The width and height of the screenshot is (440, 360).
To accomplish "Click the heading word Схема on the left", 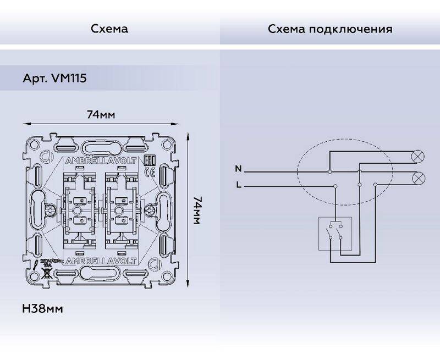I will point(109,29).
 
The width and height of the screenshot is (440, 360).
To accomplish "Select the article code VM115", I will point(68,79).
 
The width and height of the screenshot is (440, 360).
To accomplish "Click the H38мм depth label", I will point(42,309).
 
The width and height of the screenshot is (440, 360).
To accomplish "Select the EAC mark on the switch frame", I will point(147,159).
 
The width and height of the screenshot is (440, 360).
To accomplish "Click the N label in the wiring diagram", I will point(238,168).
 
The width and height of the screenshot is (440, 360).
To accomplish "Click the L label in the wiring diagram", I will point(238,185).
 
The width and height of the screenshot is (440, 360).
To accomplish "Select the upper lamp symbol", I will point(418,157).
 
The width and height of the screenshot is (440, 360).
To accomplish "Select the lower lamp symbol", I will point(418,178).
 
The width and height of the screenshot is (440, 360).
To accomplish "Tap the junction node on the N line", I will point(329,172).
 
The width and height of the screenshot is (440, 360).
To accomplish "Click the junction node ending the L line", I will point(334,187).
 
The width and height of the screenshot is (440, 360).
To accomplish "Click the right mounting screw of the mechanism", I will point(150,211).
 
